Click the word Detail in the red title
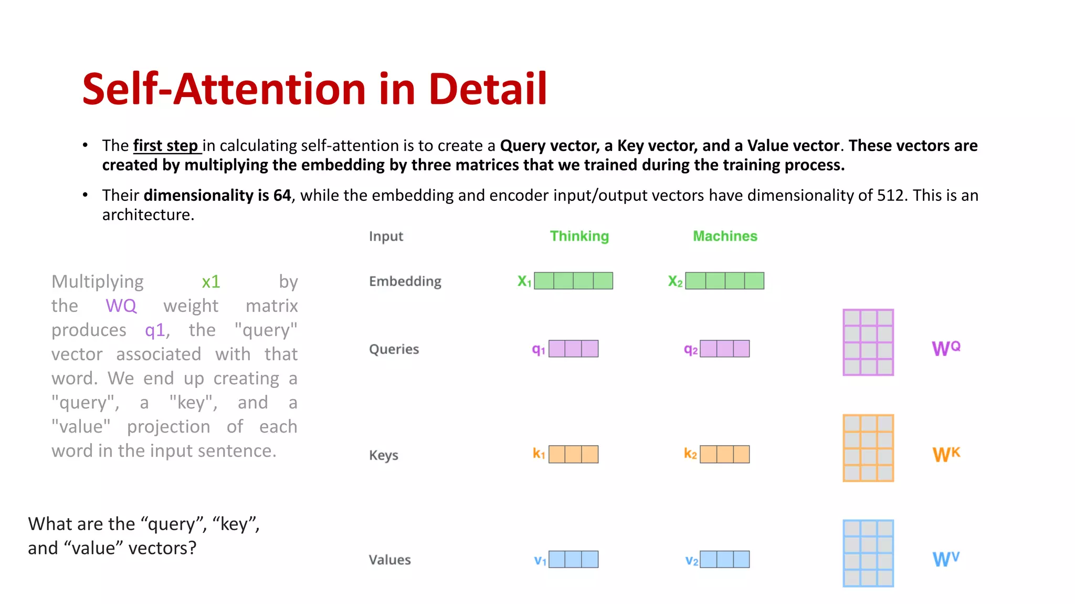488,89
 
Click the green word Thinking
579,236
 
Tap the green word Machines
725,236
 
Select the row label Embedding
405,282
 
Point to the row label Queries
394,349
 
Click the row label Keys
383,455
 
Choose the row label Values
389,560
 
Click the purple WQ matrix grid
868,342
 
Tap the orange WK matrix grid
868,448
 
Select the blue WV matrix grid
868,553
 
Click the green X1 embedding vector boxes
573,281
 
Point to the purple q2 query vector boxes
724,349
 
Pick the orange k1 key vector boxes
573,454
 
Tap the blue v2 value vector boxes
724,559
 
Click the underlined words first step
165,146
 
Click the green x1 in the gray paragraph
211,282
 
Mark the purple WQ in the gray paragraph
121,306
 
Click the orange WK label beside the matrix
946,454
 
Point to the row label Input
386,236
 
